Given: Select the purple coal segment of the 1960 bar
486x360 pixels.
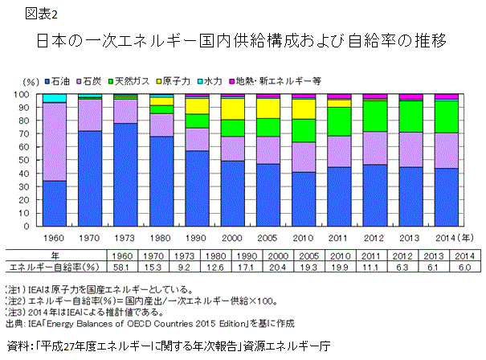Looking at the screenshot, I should click(x=54, y=141).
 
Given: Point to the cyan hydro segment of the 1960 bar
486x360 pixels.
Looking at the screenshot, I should click(x=54, y=98).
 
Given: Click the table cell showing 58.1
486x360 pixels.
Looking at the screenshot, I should click(x=141, y=266).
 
